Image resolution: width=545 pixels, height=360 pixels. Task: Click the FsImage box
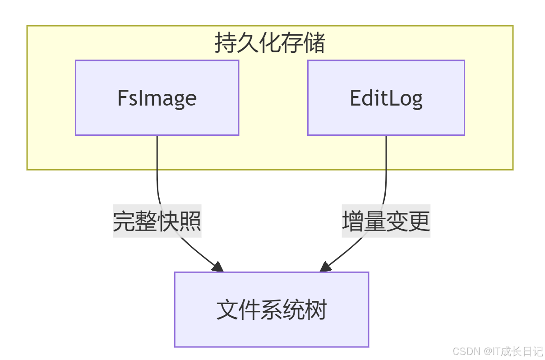click(157, 97)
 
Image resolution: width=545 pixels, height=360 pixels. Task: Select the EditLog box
click(386, 97)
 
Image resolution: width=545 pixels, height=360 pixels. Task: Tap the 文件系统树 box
click(271, 309)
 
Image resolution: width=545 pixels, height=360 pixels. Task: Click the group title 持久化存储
click(270, 44)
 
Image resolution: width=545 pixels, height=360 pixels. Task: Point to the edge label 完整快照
click(157, 221)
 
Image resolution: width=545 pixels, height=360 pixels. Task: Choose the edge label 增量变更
click(386, 221)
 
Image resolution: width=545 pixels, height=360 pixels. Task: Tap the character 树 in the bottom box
click(315, 310)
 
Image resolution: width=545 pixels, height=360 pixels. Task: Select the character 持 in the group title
click(225, 44)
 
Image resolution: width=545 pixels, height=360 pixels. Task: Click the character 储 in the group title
click(315, 44)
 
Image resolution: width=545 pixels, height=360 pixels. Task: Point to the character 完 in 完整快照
click(124, 221)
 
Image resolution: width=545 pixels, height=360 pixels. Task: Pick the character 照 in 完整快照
click(190, 221)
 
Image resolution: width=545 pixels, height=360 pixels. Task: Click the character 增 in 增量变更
click(353, 221)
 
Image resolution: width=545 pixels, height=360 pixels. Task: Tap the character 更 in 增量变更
click(419, 221)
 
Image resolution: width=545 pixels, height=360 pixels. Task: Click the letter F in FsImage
click(122, 97)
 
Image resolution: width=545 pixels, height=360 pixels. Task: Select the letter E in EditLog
click(356, 97)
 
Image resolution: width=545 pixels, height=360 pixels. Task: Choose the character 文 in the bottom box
click(227, 310)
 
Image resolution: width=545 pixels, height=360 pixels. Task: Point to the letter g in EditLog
click(417, 99)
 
